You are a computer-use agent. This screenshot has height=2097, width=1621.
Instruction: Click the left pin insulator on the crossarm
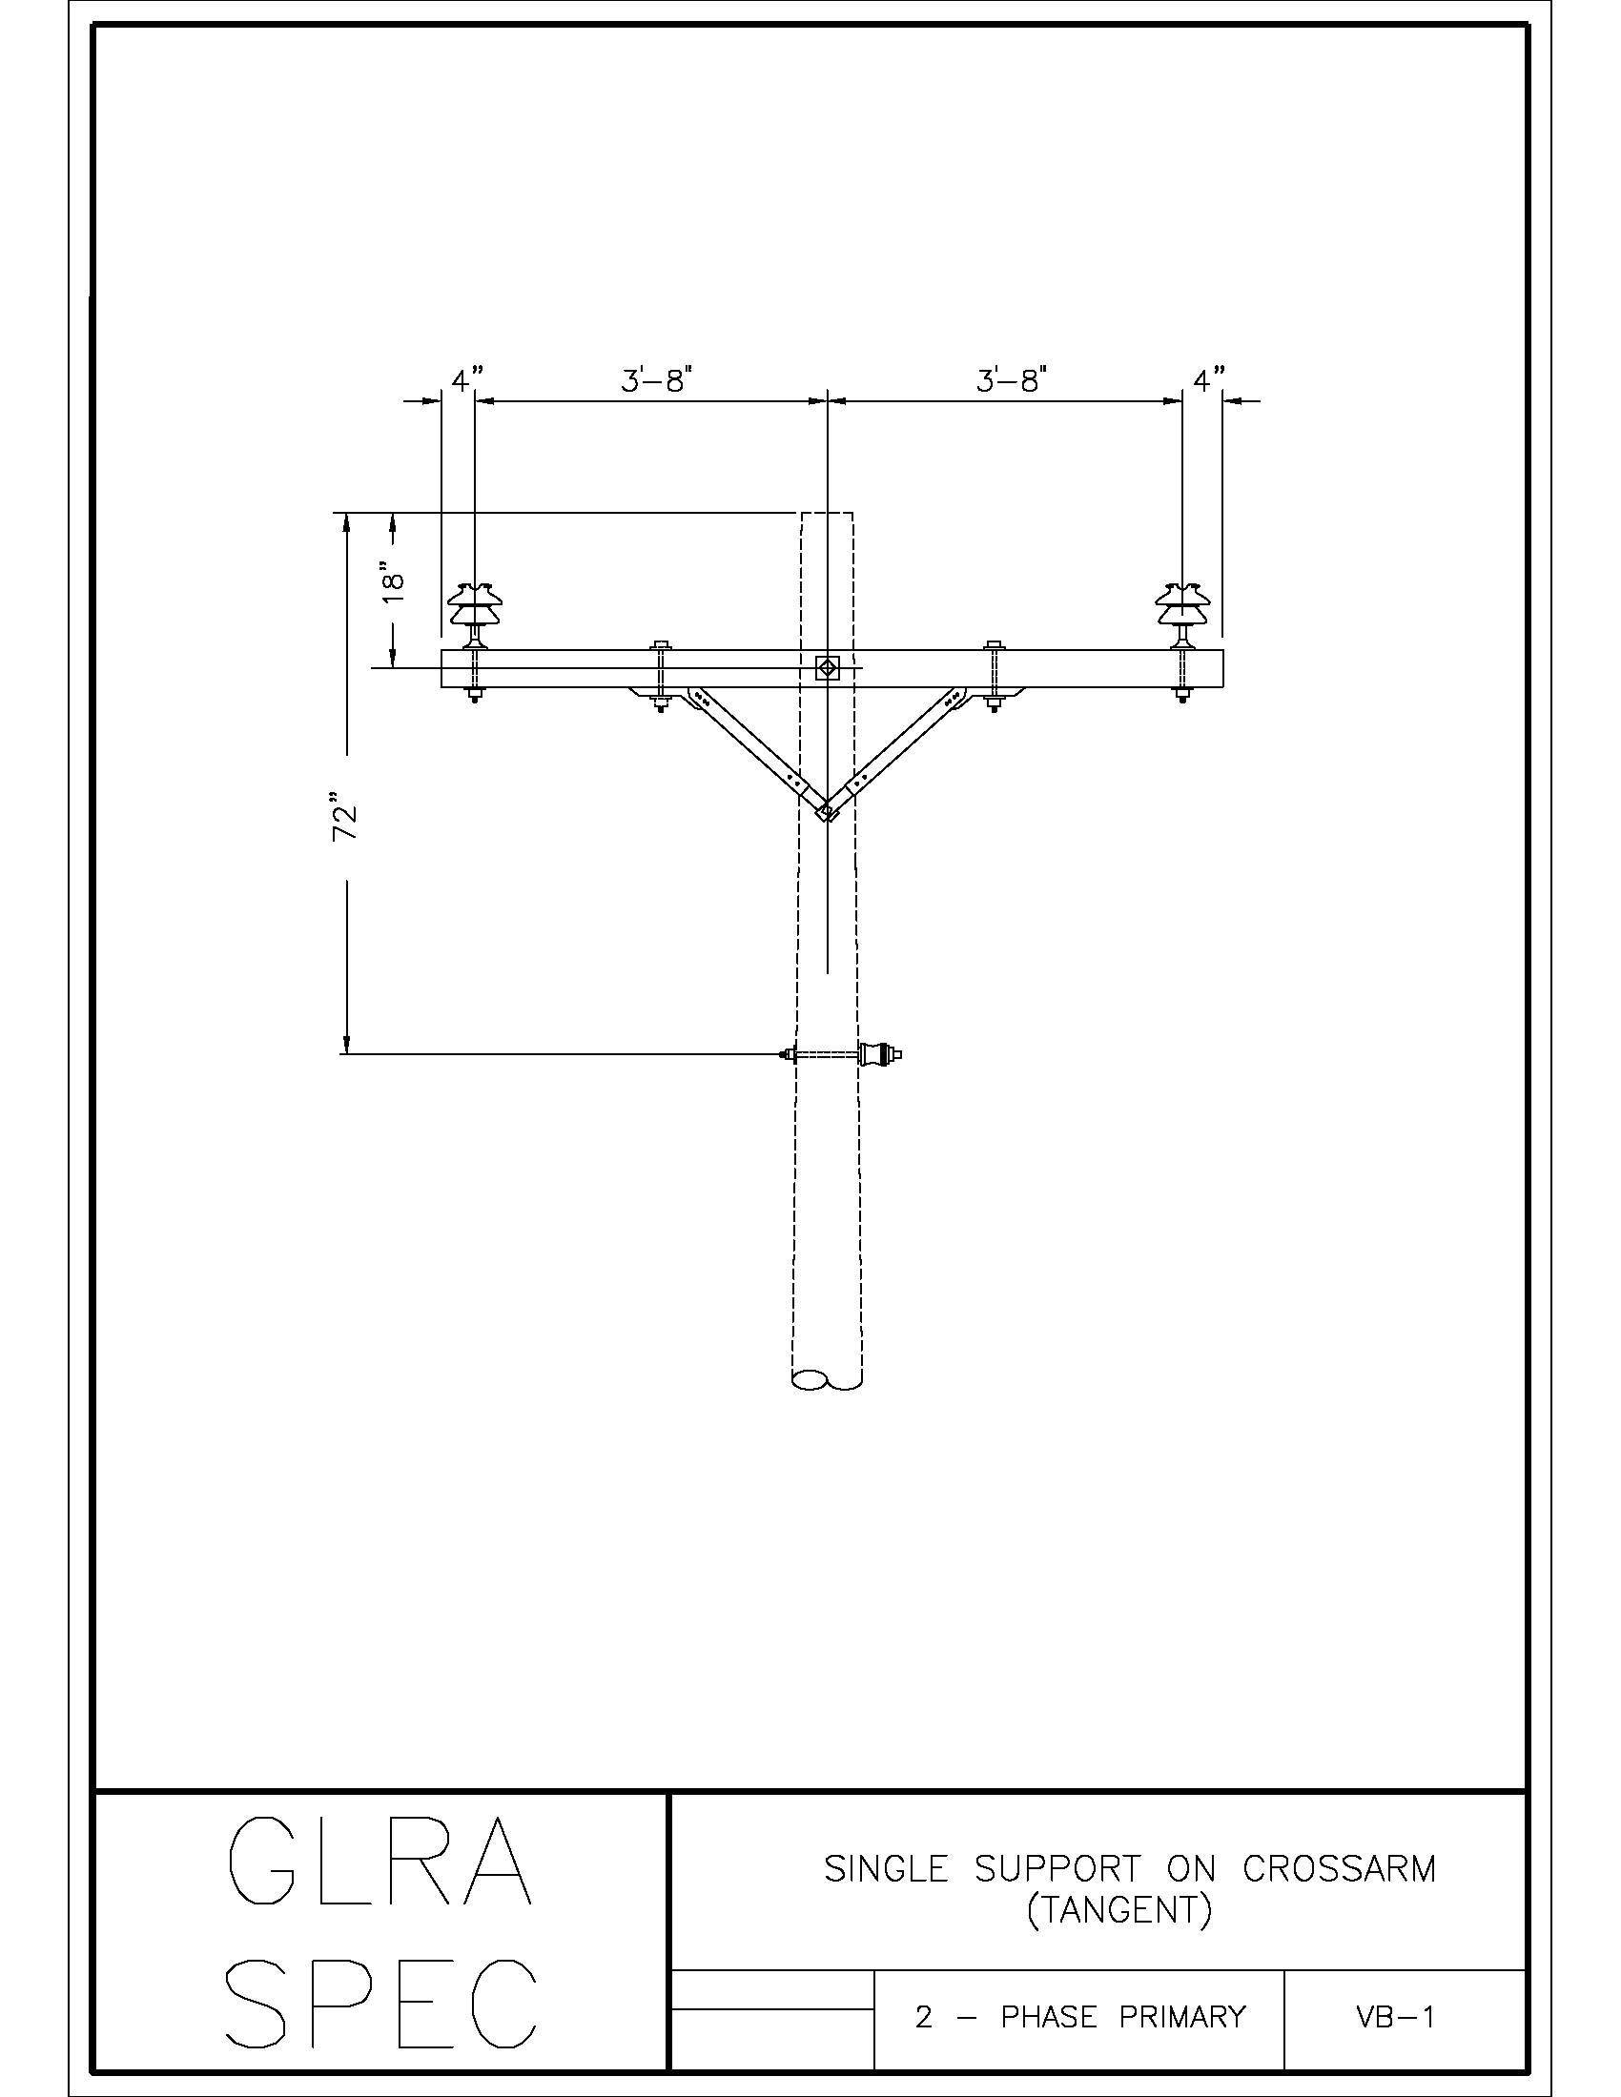click(472, 615)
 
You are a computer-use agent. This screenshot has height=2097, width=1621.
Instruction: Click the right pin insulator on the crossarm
click(1182, 615)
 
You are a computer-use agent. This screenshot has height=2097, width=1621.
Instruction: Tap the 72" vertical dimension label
click(345, 817)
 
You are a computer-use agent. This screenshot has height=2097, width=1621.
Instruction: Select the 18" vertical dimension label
click(393, 581)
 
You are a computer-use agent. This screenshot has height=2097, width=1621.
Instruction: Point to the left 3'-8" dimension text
click(657, 381)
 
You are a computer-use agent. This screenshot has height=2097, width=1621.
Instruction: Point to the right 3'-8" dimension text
click(1011, 381)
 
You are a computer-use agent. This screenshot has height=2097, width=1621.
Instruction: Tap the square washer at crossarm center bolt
click(827, 668)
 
